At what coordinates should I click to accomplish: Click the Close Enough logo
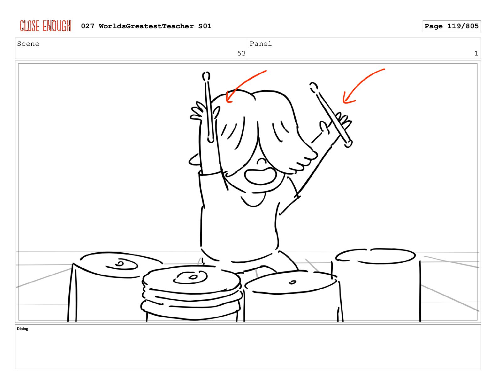(x=45, y=26)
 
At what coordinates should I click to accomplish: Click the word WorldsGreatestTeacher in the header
(x=146, y=26)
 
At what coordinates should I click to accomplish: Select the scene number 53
(x=241, y=53)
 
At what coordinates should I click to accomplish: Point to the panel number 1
(x=476, y=53)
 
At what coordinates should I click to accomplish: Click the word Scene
(x=28, y=44)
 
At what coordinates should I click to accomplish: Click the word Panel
(x=261, y=44)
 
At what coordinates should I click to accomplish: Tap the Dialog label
(x=23, y=329)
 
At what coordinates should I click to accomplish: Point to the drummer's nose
(x=261, y=161)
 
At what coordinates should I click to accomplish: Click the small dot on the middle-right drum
(x=293, y=282)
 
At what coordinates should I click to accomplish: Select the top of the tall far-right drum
(x=375, y=256)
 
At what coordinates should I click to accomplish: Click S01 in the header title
(x=205, y=26)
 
